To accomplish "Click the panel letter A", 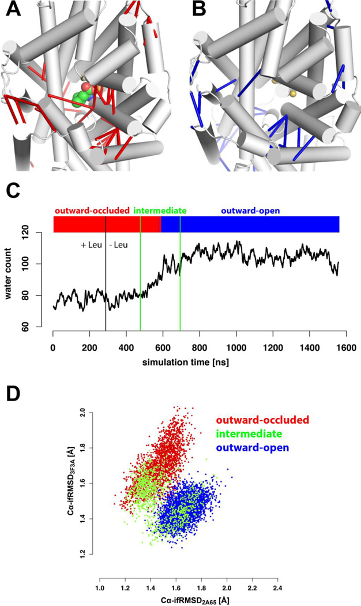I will [11, 11].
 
